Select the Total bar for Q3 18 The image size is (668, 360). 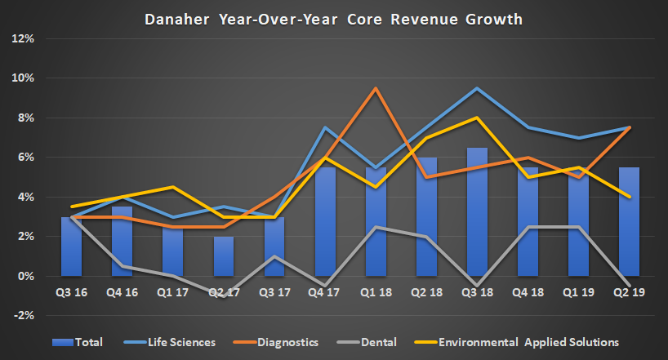[478, 212]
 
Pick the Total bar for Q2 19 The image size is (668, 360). [629, 222]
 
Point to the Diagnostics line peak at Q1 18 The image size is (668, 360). [376, 88]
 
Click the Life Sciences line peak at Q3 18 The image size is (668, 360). [477, 88]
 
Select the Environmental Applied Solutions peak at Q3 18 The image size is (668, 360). [477, 118]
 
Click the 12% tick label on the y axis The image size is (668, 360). [22, 38]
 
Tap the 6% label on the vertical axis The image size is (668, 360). [24, 158]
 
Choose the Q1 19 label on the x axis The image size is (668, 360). [579, 291]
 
